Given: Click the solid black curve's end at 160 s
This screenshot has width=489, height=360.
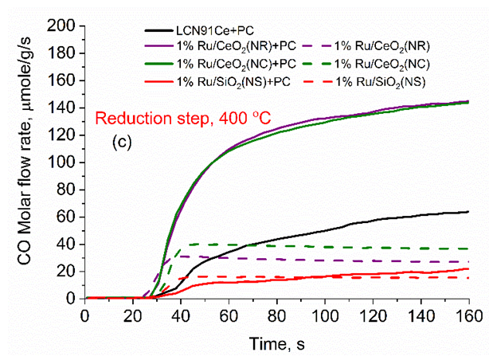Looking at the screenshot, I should pyautogui.click(x=468, y=212).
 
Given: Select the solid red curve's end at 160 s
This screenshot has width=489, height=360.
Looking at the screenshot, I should pyautogui.click(x=468, y=269).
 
